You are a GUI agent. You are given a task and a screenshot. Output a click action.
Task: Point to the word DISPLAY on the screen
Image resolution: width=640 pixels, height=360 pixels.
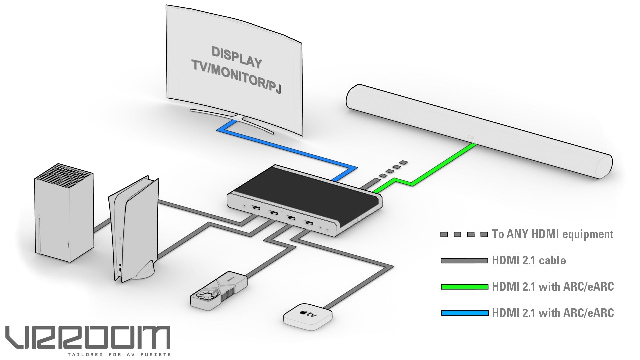[237, 57]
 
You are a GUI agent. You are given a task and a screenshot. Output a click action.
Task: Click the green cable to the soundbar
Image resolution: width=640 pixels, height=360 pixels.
[443, 165]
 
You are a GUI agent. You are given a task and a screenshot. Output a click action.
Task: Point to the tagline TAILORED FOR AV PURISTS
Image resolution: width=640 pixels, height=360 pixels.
[119, 355]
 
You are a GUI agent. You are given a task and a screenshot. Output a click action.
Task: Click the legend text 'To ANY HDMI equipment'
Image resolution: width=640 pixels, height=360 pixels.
[552, 234]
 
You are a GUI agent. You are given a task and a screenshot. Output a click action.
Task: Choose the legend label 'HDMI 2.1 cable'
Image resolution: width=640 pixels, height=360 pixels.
[529, 260]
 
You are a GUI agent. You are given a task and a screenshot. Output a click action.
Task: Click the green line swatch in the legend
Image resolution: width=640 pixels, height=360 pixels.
[464, 287]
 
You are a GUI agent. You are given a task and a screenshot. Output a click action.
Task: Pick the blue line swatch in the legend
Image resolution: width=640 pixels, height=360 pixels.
[464, 313]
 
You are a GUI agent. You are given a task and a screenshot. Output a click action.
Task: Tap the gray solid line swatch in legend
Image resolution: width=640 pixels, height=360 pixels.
[464, 261]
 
